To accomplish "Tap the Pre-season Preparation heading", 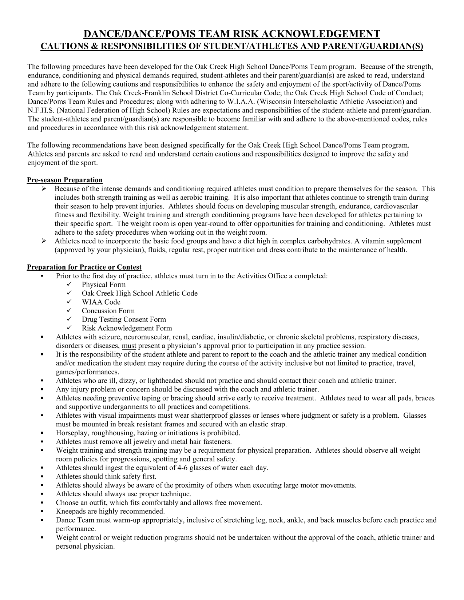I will click(x=65, y=180).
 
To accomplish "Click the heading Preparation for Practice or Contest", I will click(x=84, y=267).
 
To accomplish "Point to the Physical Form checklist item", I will click(x=103, y=285).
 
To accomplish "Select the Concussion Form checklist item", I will click(x=108, y=311).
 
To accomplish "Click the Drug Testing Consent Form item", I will click(x=124, y=320).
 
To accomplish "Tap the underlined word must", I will click(x=129, y=346).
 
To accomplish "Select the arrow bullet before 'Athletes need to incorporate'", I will click(x=43, y=241).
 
